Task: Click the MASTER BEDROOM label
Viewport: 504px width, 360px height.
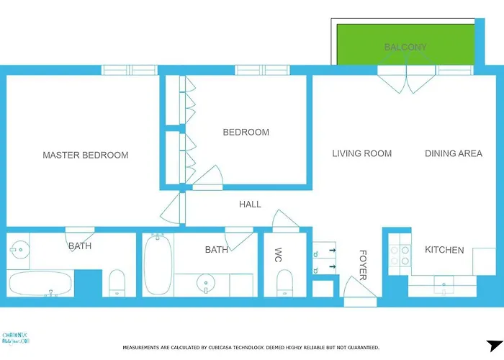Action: pyautogui.click(x=85, y=155)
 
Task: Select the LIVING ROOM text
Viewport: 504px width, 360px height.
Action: pyautogui.click(x=361, y=153)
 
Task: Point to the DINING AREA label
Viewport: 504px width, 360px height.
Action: pyautogui.click(x=453, y=153)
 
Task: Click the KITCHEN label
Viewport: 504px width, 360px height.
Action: pyautogui.click(x=444, y=250)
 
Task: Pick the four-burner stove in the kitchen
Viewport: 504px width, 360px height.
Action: pyautogui.click(x=400, y=256)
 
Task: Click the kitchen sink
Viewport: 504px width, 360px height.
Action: pyautogui.click(x=445, y=287)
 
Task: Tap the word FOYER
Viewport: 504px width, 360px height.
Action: pyautogui.click(x=363, y=265)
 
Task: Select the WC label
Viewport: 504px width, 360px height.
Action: pyautogui.click(x=278, y=256)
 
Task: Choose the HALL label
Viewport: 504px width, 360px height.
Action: pyautogui.click(x=250, y=204)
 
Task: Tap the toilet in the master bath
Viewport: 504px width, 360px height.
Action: pyautogui.click(x=117, y=284)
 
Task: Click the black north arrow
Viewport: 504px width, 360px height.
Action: pyautogui.click(x=494, y=346)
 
